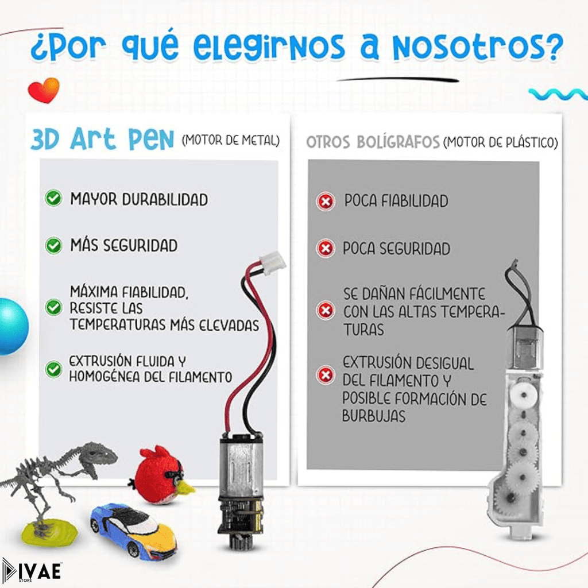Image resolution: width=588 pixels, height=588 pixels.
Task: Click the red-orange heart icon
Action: point(44,90)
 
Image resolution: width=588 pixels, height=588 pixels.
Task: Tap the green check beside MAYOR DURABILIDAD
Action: point(53,198)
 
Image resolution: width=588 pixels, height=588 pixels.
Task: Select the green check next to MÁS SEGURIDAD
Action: point(53,246)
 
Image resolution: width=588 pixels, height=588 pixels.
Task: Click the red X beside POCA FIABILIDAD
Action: point(326,202)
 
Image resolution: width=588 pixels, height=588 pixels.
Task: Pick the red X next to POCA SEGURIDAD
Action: point(326,248)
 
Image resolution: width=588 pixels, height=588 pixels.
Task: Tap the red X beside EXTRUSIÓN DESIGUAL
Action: point(326,375)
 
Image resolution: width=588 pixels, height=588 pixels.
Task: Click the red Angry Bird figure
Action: point(161,473)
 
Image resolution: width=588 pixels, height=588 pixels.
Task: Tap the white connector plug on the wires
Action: point(272,263)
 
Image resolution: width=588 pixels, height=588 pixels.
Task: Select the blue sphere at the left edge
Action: point(13,326)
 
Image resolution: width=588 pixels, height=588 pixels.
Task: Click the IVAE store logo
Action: point(32,571)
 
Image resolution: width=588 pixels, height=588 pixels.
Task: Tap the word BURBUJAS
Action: point(373,416)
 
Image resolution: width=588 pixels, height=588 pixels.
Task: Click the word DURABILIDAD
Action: point(165,199)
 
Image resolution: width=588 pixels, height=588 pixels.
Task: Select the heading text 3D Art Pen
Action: point(102,139)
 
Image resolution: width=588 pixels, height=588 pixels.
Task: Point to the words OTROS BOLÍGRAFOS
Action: point(373,142)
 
